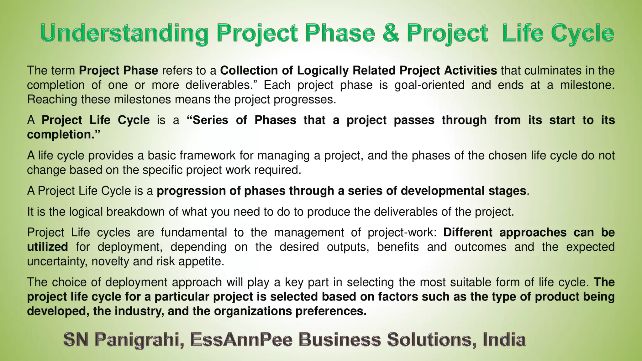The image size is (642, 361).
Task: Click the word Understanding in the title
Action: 124,33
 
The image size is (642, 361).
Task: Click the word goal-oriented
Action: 429,85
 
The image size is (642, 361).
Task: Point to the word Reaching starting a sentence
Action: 52,99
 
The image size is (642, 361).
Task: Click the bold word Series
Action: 210,120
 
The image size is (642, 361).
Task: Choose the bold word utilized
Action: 47,247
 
